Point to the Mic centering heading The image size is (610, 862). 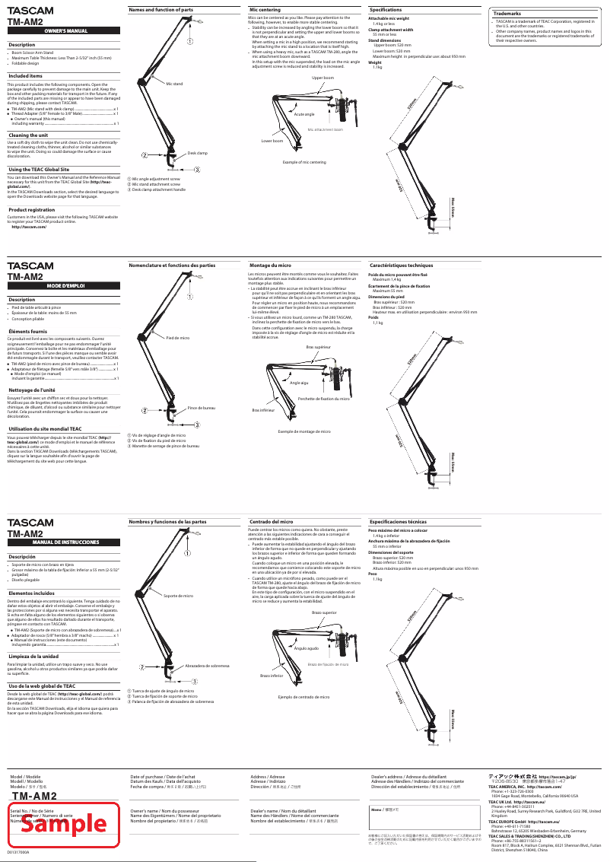265,10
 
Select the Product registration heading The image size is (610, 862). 32,209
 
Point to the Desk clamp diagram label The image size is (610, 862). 198,153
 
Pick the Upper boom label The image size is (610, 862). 322,78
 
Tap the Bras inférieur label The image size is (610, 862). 263,410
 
